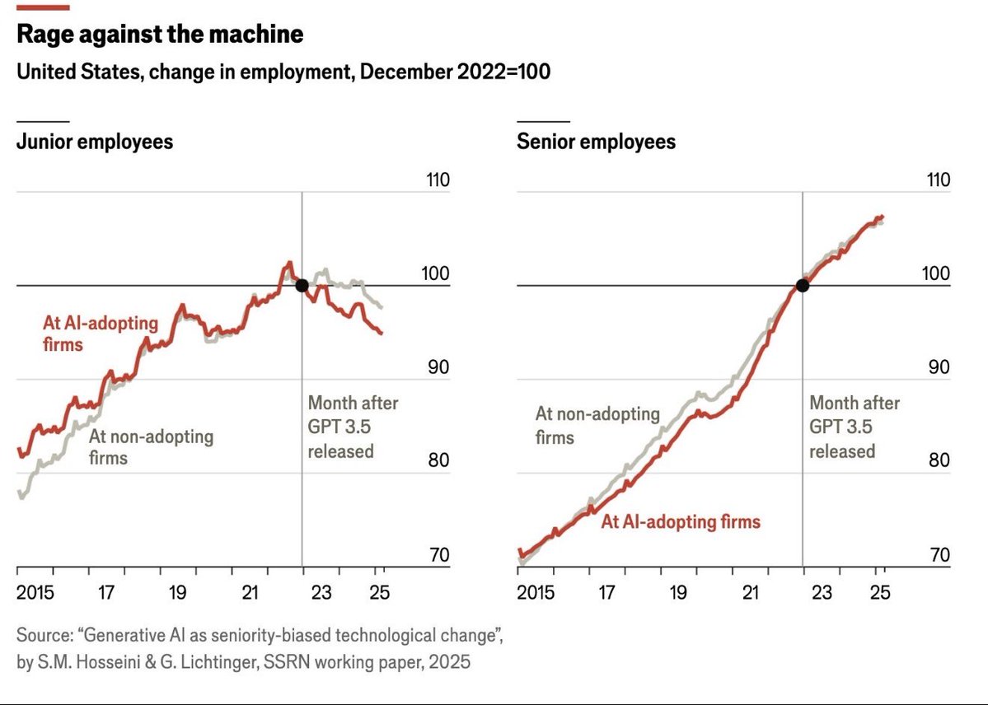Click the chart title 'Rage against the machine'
coord(160,35)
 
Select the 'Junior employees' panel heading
coord(95,142)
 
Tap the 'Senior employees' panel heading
coord(596,142)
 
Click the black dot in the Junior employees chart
coord(302,286)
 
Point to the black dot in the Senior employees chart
coord(802,286)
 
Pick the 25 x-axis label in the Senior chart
coord(880,592)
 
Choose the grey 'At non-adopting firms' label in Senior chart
coord(597,424)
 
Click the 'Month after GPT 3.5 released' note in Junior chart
coord(352,427)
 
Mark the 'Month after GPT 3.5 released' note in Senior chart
coord(854,427)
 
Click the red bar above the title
coord(43,7)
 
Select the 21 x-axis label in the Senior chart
coord(751,592)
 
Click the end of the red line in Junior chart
coord(381,334)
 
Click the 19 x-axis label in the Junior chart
coord(178,592)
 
